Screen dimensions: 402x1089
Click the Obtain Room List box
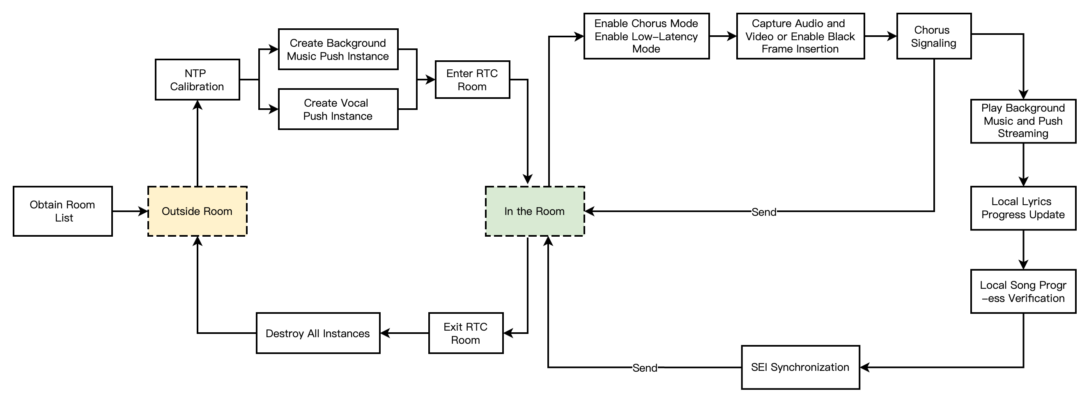[62, 211]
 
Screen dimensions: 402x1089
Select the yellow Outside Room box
[197, 211]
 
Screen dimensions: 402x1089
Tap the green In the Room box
[534, 211]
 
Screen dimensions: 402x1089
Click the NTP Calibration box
[197, 80]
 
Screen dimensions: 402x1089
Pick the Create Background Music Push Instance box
[338, 49]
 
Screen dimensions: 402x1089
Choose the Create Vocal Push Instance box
[338, 110]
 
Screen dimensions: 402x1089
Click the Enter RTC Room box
[472, 80]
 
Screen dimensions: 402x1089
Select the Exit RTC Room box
[465, 333]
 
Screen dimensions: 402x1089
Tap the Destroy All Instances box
[318, 333]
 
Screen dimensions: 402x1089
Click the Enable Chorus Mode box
[646, 37]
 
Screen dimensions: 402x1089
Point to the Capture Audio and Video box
[800, 37]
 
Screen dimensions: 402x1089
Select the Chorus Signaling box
[933, 37]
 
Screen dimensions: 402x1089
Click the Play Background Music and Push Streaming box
[1022, 121]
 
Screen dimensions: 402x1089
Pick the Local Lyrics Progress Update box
[1022, 208]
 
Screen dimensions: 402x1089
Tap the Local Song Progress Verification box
[1022, 291]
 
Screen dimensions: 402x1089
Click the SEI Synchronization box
[800, 368]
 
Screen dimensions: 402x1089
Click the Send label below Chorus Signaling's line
[763, 212]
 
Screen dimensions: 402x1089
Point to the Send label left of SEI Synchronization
[645, 368]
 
